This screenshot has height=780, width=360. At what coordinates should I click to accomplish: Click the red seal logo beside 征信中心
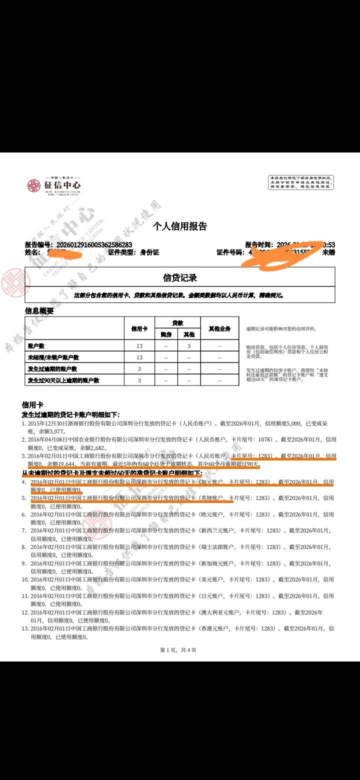pyautogui.click(x=33, y=185)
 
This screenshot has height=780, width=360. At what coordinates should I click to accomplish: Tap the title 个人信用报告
pyautogui.click(x=180, y=226)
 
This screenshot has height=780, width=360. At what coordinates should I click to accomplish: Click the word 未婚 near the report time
pyautogui.click(x=328, y=252)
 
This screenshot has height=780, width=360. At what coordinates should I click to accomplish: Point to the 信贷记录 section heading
pyautogui.click(x=180, y=277)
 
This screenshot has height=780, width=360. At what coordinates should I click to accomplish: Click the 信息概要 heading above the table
pyautogui.click(x=39, y=310)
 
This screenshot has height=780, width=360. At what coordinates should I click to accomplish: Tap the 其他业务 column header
pyautogui.click(x=219, y=328)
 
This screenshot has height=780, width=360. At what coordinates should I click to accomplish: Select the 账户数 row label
pyautogui.click(x=36, y=345)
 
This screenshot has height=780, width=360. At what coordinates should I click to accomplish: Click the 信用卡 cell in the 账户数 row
pyautogui.click(x=139, y=345)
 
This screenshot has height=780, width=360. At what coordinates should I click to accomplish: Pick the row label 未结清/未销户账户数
pyautogui.click(x=53, y=357)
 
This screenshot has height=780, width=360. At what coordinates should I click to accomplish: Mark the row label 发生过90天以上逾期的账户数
pyautogui.click(x=63, y=380)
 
